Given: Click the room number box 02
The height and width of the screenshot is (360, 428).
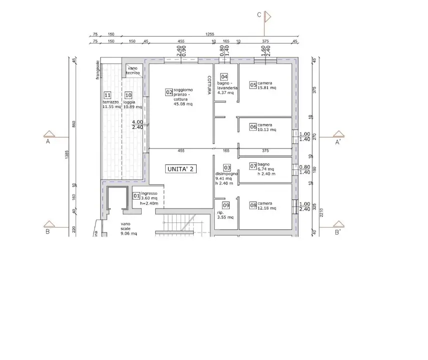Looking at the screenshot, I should coord(169,92).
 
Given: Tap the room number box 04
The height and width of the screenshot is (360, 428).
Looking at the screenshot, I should coord(224,77).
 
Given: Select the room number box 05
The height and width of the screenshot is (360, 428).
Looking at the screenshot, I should coord(253,85).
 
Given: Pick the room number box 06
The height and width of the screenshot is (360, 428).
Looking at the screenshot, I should coord(253,127).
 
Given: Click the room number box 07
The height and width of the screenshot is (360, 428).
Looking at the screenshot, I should coord(253,166).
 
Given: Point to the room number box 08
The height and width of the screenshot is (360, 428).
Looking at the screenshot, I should coord(253,205).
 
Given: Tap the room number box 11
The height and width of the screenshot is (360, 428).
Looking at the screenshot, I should coord(107,95).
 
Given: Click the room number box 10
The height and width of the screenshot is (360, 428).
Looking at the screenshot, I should coord(128,95).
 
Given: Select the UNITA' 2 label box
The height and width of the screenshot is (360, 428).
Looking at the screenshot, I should coord(181,169).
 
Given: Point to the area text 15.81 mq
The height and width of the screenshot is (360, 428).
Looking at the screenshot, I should coord(267,88).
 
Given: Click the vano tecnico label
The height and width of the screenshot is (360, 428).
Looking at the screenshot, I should coord(133,70).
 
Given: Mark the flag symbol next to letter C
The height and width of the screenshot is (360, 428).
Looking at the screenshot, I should coord(268,16).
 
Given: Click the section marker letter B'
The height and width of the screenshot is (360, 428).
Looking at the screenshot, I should coord(338,232).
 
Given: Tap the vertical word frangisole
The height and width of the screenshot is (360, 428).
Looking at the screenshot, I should coord(99,70).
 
